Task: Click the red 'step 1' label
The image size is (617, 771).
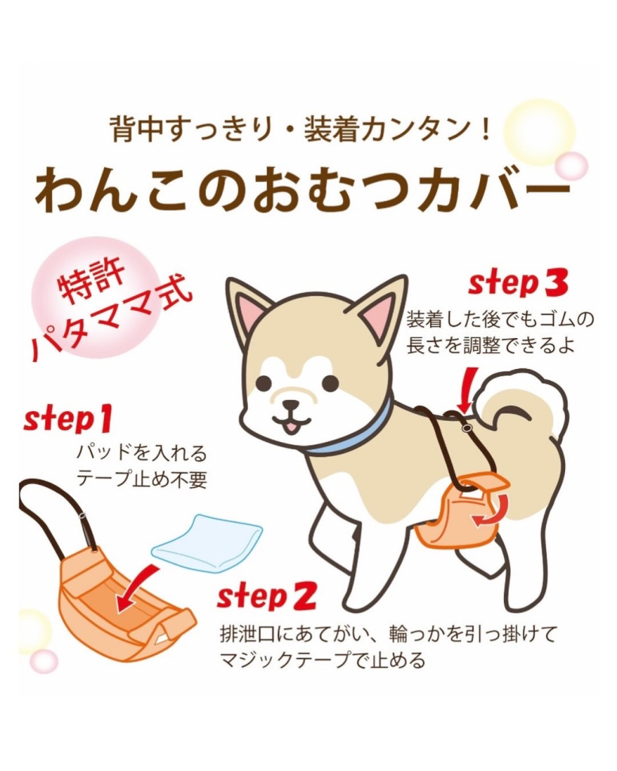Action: coord(68,419)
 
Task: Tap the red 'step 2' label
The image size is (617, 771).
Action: coord(266,597)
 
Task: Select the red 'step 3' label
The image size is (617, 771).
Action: coord(518,283)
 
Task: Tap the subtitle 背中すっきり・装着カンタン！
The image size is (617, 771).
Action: coord(301,130)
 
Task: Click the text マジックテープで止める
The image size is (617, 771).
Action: coord(322,660)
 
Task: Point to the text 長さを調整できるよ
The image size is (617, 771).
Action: coord(490,346)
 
